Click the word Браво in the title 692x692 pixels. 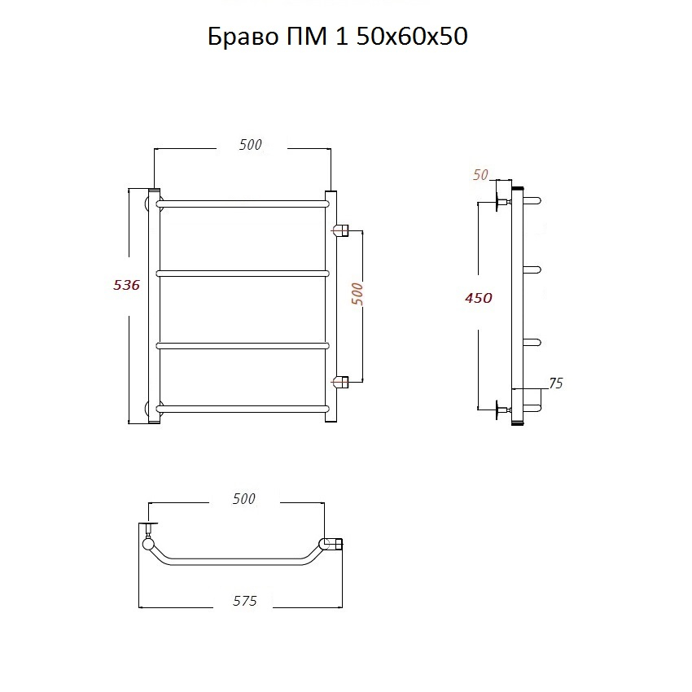pyautogui.click(x=243, y=37)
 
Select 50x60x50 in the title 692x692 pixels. pyautogui.click(x=412, y=37)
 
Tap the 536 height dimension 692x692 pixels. pyautogui.click(x=127, y=285)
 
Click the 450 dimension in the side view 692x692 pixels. pyautogui.click(x=479, y=298)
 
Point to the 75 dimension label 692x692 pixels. pyautogui.click(x=556, y=383)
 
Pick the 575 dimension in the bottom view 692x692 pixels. pyautogui.click(x=244, y=601)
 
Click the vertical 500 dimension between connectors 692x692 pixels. pyautogui.click(x=357, y=294)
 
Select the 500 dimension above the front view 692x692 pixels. pyautogui.click(x=250, y=144)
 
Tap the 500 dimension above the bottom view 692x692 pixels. pyautogui.click(x=244, y=499)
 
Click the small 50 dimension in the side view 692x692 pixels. pyautogui.click(x=480, y=175)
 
